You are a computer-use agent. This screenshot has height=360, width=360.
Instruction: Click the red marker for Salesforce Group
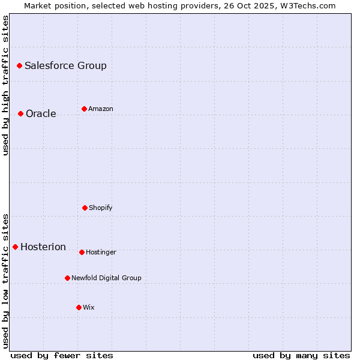pyautogui.click(x=19, y=65)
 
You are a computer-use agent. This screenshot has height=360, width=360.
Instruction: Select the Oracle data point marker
pyautogui.click(x=20, y=113)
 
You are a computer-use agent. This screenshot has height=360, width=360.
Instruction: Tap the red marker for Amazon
pyautogui.click(x=84, y=109)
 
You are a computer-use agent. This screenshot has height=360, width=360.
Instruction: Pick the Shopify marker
pyautogui.click(x=85, y=208)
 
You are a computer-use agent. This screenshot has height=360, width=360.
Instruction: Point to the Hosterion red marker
pyautogui.click(x=15, y=247)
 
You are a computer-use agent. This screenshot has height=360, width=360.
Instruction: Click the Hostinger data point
pyautogui.click(x=82, y=252)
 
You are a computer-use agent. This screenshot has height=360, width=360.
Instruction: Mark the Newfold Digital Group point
pyautogui.click(x=67, y=278)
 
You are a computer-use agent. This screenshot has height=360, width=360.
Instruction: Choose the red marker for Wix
pyautogui.click(x=79, y=307)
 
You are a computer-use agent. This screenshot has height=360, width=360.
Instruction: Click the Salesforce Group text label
pyautogui.click(x=65, y=65)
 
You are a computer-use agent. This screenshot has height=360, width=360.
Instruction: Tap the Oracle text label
pyautogui.click(x=41, y=113)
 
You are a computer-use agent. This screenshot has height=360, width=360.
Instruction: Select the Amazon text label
pyautogui.click(x=100, y=109)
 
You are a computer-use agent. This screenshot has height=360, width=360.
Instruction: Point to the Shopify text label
pyautogui.click(x=100, y=208)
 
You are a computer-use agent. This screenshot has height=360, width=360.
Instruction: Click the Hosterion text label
pyautogui.click(x=43, y=247)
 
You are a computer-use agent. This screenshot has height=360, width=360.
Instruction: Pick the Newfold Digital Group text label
pyautogui.click(x=106, y=278)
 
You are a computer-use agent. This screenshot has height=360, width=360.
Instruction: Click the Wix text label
pyautogui.click(x=88, y=307)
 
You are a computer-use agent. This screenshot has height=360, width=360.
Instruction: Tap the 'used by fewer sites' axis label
pyautogui.click(x=62, y=355)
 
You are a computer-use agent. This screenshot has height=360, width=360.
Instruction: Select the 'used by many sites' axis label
pyautogui.click(x=301, y=355)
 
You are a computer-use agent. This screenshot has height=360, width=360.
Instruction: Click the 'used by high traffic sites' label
pyautogui.click(x=5, y=85)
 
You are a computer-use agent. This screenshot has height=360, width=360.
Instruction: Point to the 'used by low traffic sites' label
pyautogui.click(x=5, y=281)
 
